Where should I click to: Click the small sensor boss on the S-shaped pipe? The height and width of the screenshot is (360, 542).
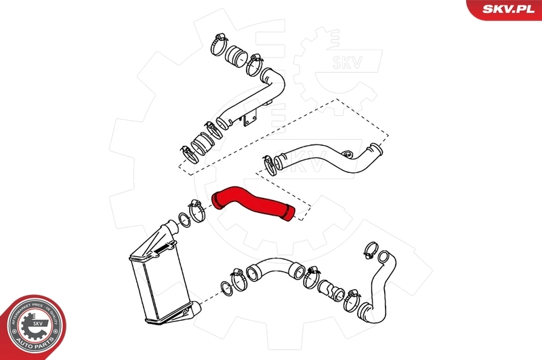coord(348,155)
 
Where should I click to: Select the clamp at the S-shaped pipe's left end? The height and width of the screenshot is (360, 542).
coord(271,162)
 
